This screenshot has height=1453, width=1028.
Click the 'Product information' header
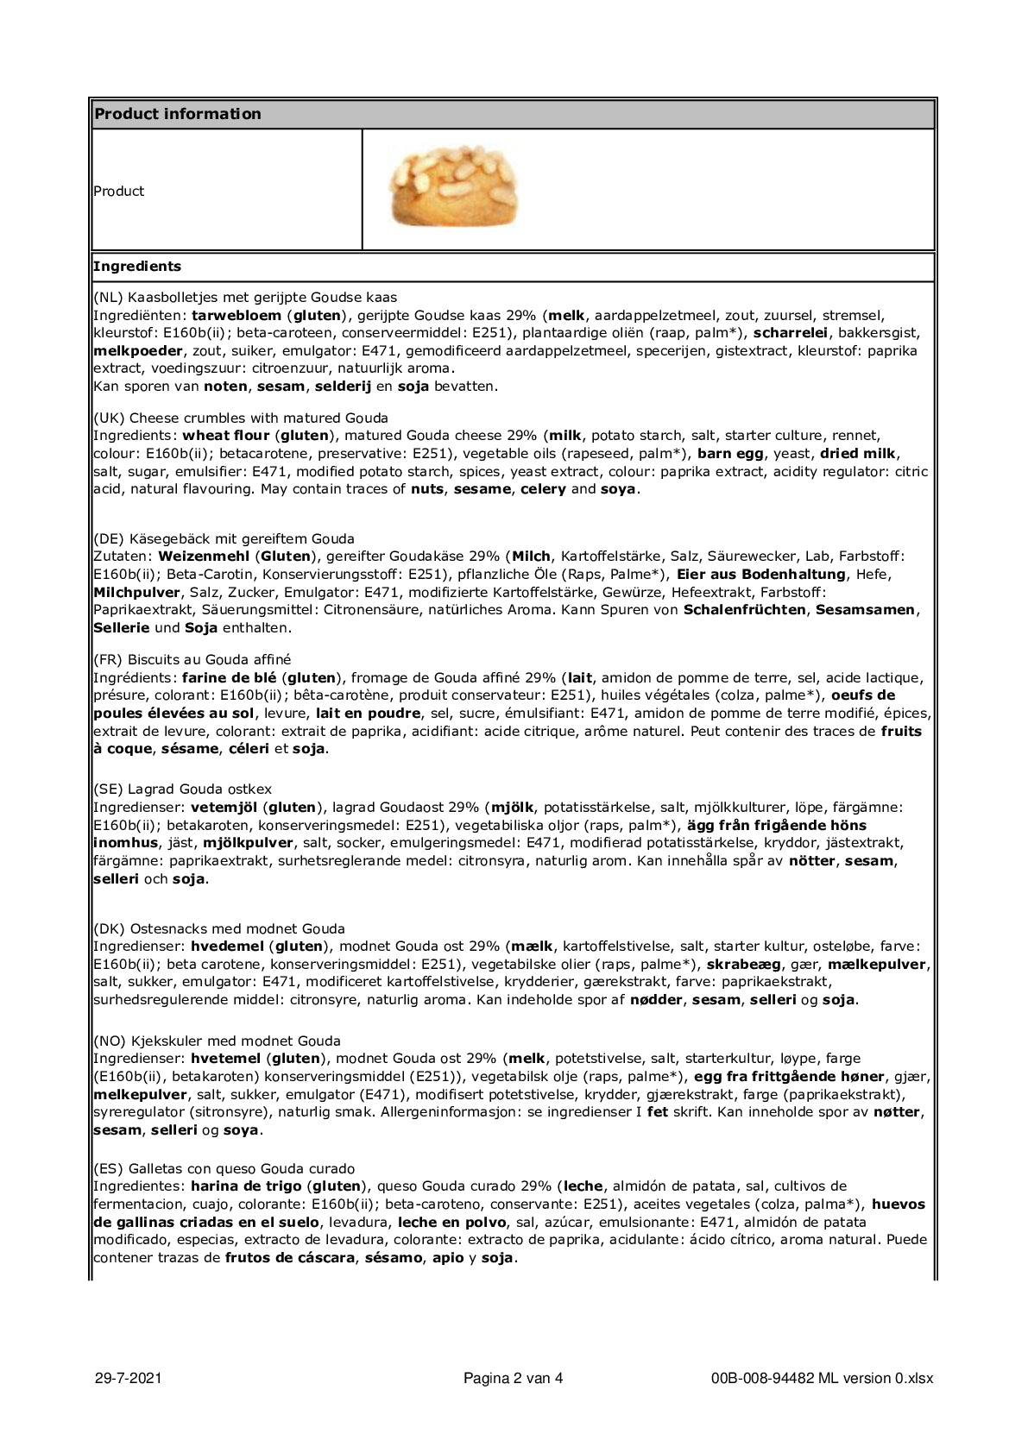[178, 114]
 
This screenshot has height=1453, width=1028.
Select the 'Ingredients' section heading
[137, 267]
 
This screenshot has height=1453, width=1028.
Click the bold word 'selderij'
[343, 387]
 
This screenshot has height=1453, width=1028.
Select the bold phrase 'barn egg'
[726, 454]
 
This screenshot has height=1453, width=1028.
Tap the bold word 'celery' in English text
[543, 489]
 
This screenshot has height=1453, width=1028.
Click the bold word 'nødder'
[656, 1000]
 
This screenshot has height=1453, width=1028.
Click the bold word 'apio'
[448, 1258]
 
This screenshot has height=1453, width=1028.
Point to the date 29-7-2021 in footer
[128, 1378]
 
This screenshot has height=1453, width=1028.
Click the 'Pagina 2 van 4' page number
[513, 1378]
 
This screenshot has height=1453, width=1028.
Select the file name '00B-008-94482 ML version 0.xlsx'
[822, 1378]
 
